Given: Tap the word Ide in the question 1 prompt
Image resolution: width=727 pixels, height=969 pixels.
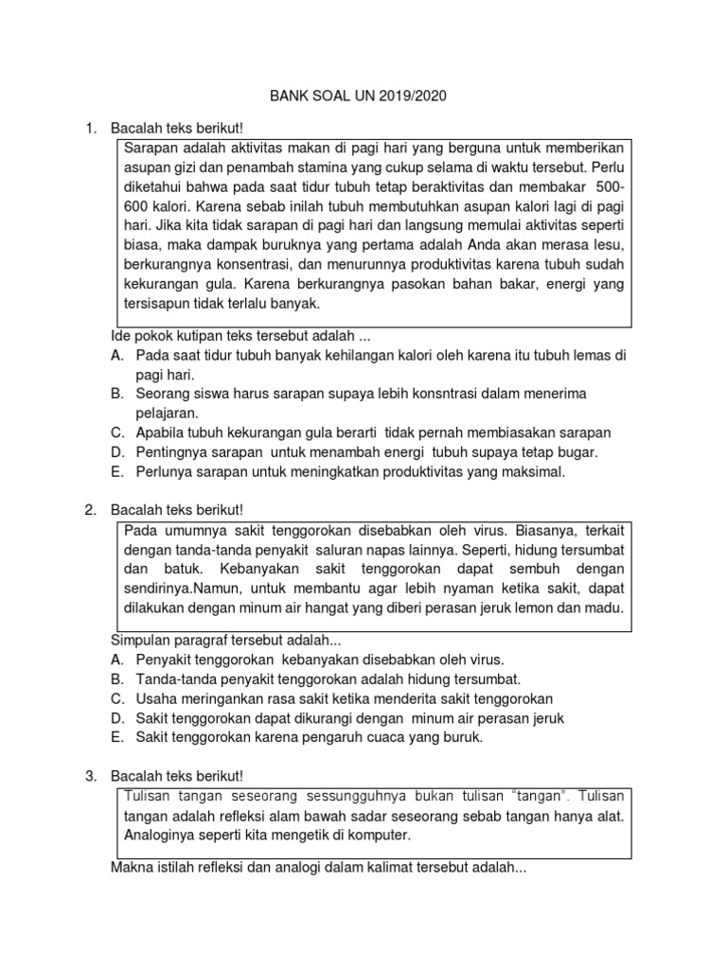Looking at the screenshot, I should [x=123, y=335].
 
